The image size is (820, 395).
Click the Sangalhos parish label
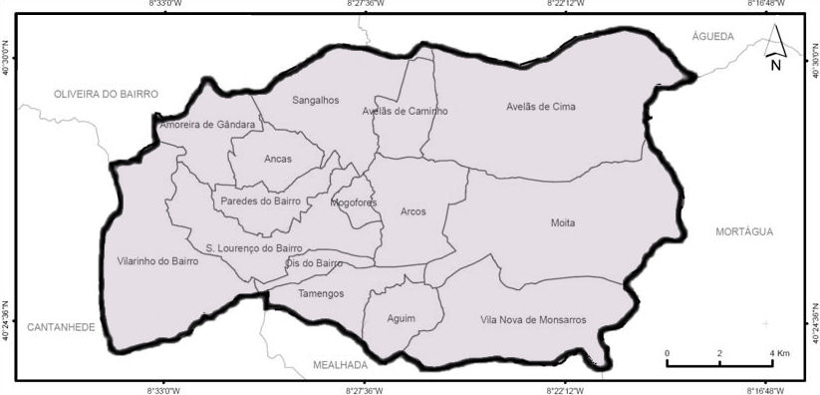(315, 101)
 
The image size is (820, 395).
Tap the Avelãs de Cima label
(541, 107)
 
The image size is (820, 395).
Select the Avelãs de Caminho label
(405, 112)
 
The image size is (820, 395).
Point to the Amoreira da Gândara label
(207, 125)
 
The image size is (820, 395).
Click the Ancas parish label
(278, 159)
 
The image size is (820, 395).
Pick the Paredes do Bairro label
(259, 200)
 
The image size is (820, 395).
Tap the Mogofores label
(354, 202)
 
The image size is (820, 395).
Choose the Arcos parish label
(412, 211)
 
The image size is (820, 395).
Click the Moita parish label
(563, 222)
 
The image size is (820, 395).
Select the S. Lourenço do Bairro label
(253, 247)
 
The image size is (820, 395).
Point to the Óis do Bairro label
(314, 263)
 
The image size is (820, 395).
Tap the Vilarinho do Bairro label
(157, 261)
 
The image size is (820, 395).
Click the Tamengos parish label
(321, 293)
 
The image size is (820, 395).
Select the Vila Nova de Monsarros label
(533, 320)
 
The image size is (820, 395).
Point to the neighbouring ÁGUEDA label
(712, 36)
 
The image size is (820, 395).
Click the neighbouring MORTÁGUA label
(744, 231)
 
